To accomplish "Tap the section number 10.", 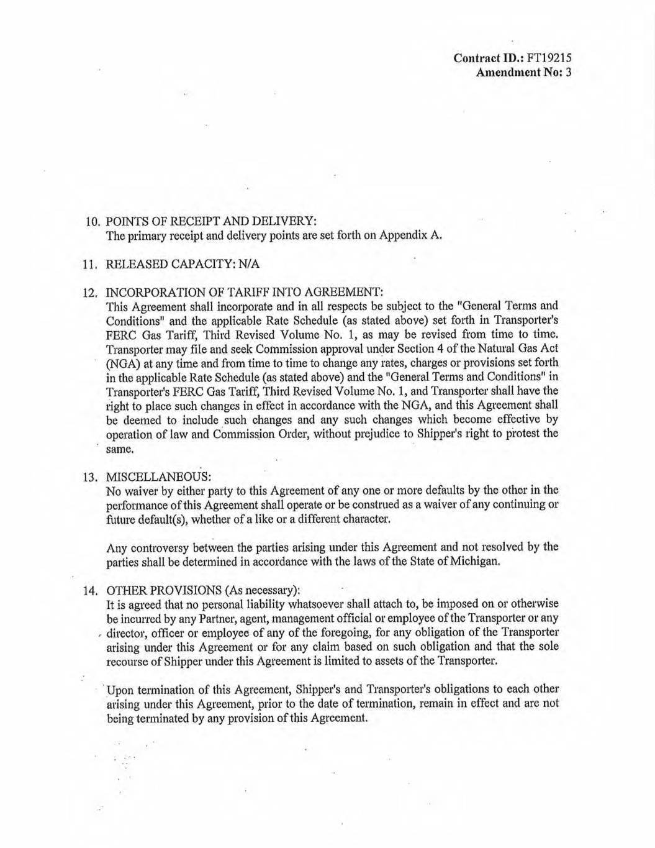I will tap(93, 222).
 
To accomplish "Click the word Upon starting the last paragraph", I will tap(121, 690).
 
